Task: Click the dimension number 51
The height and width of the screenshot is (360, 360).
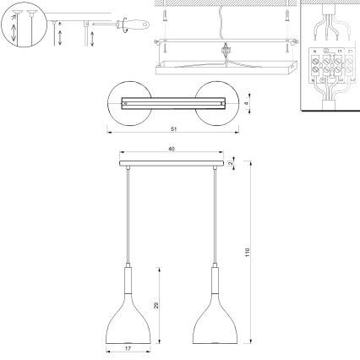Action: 172,130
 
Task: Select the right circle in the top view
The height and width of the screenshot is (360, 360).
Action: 215,103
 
